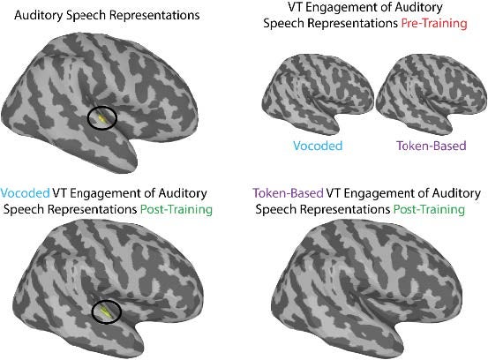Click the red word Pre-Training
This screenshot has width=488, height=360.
point(434,23)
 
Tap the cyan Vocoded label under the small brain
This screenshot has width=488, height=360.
point(318,146)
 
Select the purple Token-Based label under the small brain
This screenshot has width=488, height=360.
point(431,146)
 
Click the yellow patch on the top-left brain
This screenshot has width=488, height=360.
point(102,118)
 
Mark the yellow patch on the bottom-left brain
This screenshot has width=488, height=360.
point(106,312)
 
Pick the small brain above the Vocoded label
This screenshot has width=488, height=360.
point(318,94)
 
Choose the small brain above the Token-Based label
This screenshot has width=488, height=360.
point(432,94)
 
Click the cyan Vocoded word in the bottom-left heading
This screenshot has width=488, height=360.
point(25,193)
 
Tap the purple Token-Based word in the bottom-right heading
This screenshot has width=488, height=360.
point(288,193)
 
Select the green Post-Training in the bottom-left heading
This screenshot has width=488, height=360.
point(176,209)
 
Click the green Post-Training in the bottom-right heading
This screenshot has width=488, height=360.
point(429,209)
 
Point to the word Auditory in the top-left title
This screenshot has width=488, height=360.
point(39,15)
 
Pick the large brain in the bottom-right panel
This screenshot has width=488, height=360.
point(367,288)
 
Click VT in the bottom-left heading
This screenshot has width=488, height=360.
point(60,193)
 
